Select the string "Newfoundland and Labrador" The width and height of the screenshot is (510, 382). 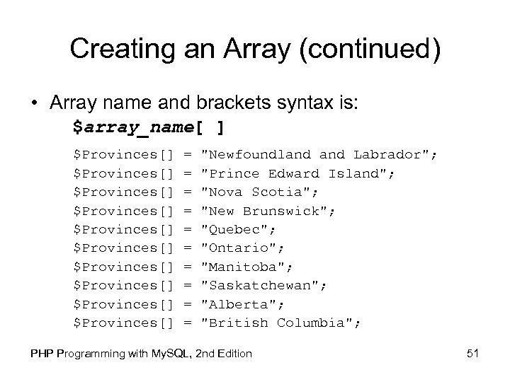click(x=319, y=154)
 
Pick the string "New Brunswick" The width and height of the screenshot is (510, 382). click(x=267, y=210)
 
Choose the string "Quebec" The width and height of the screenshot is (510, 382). click(x=237, y=229)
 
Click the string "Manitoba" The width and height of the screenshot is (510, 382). click(x=244, y=267)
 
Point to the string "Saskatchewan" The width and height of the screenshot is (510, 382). click(x=259, y=285)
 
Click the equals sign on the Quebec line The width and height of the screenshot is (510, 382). click(x=188, y=229)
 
